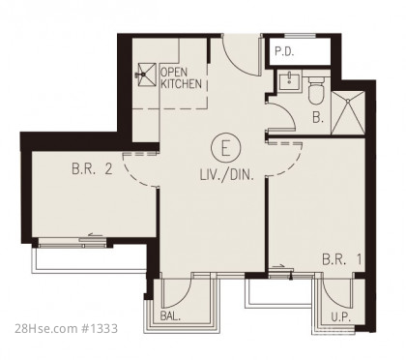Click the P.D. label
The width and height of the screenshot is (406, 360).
(284, 51)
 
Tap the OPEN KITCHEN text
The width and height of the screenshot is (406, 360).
(181, 78)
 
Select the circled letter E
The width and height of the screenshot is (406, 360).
(226, 147)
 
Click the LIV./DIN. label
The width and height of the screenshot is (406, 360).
(227, 175)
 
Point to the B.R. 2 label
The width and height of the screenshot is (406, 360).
(92, 168)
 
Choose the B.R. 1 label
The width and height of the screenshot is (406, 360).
(341, 259)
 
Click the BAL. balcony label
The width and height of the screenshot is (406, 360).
(170, 316)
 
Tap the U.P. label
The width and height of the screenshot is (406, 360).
(341, 317)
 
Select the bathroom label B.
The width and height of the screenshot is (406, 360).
(318, 117)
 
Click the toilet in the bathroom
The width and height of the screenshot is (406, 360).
(316, 90)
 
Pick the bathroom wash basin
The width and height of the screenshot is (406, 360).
(289, 81)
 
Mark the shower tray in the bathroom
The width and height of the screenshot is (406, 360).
(348, 112)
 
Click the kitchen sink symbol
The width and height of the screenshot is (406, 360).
(147, 75)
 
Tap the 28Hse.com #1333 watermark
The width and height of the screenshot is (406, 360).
(67, 329)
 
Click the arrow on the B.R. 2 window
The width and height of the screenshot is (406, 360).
(95, 235)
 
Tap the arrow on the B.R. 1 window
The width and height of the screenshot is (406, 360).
(278, 266)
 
